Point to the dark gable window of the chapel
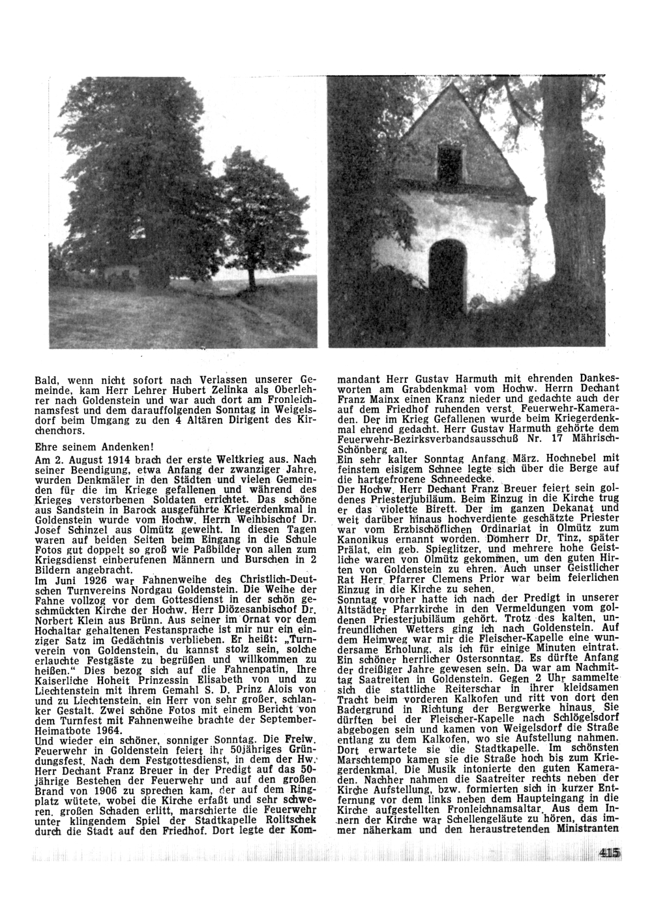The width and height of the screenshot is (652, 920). tap(450, 162)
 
